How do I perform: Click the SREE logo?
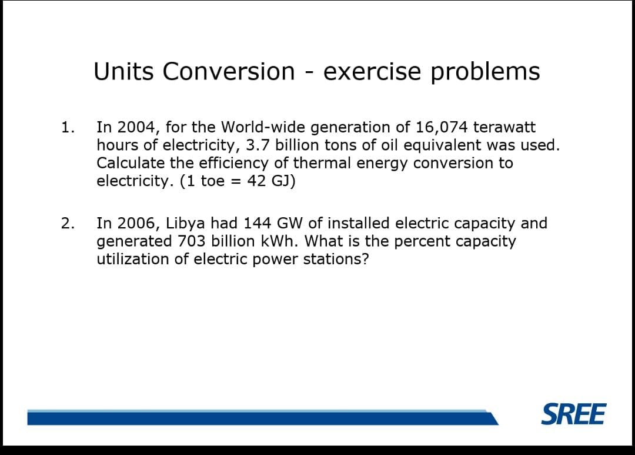click(x=573, y=414)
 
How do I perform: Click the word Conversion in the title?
click(x=229, y=72)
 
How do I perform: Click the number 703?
click(x=191, y=241)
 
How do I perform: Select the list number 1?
click(x=67, y=127)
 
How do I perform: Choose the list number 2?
click(x=67, y=223)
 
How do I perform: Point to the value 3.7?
click(x=257, y=145)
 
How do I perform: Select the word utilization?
click(x=133, y=259)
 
